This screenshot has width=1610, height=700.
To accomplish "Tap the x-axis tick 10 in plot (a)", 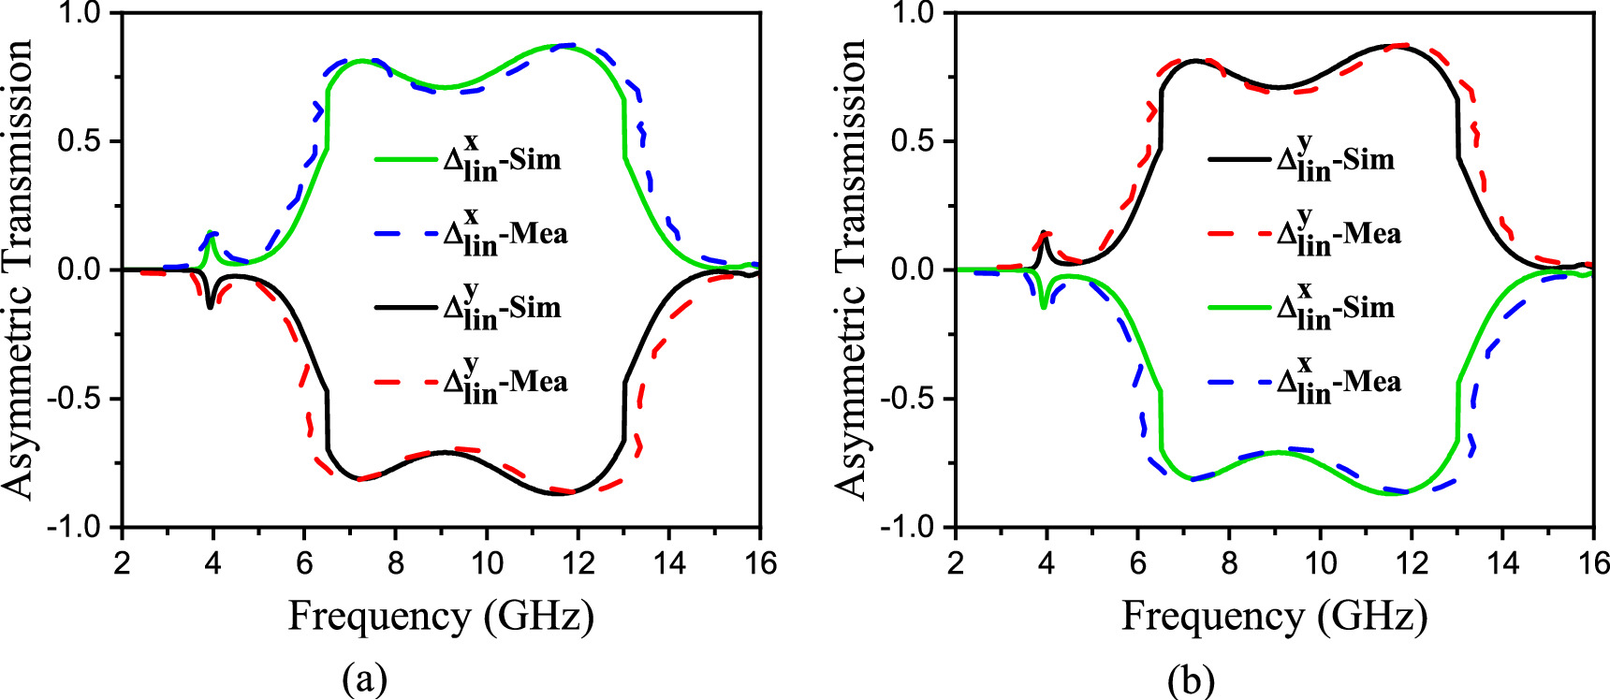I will pos(487,563).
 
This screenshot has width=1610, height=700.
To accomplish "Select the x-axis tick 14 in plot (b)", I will pos(1502,563).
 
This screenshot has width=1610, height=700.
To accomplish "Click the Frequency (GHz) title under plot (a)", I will pos(441,617).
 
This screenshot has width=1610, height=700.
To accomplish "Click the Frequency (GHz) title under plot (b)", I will pos(1274,617).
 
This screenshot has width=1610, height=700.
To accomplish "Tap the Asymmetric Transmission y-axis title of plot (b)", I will pos(851,270).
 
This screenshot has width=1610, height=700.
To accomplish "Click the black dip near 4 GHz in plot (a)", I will pos(211,306).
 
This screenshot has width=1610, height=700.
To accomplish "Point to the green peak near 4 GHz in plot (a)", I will pos(211,235).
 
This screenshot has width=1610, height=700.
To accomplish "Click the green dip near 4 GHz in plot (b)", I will pos(1044,306).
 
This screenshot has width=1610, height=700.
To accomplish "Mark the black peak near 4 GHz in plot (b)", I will pos(1044,233).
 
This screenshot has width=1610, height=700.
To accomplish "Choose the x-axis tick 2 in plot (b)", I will pos(955,563).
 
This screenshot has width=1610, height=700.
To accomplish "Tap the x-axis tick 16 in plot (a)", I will pos(761,563).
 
